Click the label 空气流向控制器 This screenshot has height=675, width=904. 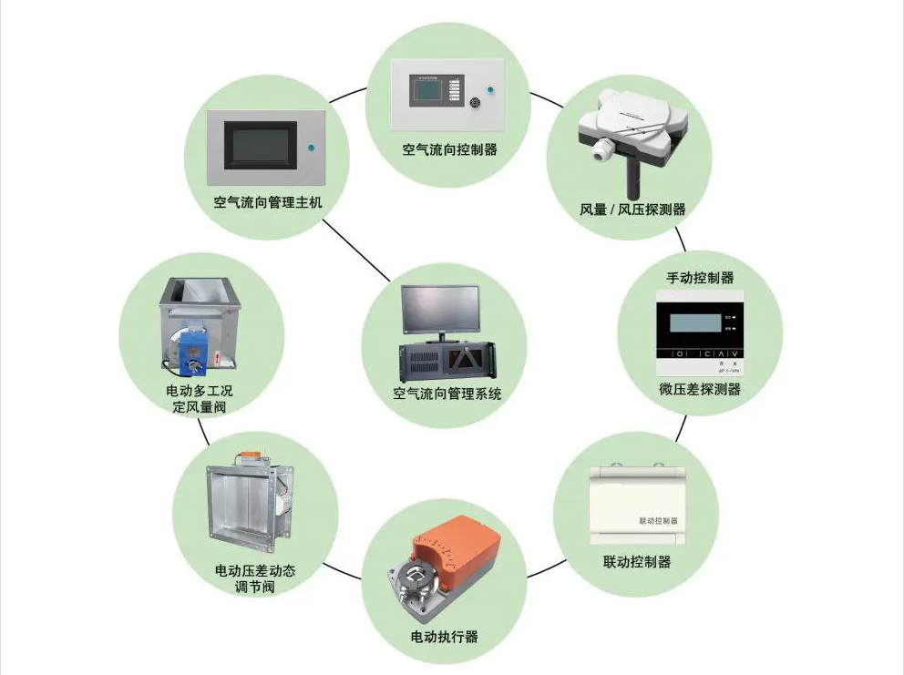(449, 148)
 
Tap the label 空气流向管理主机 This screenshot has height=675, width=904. (268, 202)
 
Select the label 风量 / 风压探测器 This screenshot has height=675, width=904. (632, 210)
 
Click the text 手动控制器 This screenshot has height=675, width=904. (701, 277)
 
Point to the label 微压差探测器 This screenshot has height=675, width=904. (700, 389)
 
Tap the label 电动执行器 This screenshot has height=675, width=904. (444, 636)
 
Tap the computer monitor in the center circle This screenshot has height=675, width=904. (442, 308)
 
